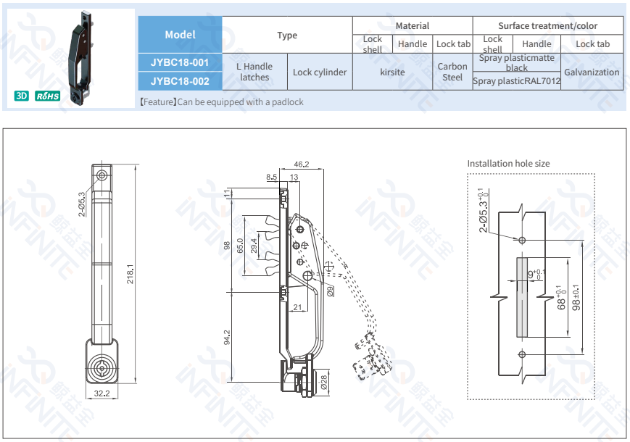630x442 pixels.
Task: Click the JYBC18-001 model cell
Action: [x=180, y=62]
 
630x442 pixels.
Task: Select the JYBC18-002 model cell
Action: [x=180, y=81]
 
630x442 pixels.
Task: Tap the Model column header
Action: [x=180, y=35]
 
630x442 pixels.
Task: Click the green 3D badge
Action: [x=22, y=96]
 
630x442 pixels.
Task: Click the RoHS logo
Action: [x=48, y=96]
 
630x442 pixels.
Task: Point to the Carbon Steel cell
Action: [x=452, y=72]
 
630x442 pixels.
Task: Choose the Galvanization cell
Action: [x=592, y=72]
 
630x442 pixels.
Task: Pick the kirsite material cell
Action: [x=392, y=72]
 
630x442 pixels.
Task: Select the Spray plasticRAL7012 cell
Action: [x=516, y=81]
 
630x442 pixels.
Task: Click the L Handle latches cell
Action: [x=254, y=72]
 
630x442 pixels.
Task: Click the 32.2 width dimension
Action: [x=101, y=393]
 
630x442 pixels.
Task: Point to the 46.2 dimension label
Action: [x=302, y=164]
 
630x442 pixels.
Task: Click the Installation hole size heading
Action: [x=508, y=164]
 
